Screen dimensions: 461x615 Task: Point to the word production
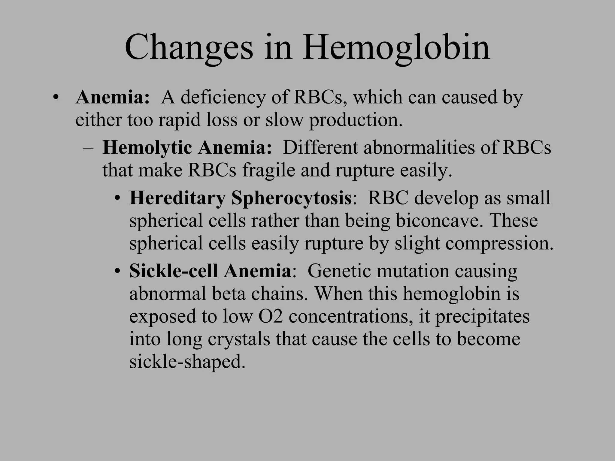[x=356, y=120]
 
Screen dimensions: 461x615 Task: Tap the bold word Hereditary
[x=177, y=198]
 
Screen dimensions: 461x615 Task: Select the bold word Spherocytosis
[x=291, y=198]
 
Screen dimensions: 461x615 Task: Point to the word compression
[x=499, y=243]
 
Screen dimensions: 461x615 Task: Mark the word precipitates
[x=482, y=316]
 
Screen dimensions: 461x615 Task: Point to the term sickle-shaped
[x=187, y=362]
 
